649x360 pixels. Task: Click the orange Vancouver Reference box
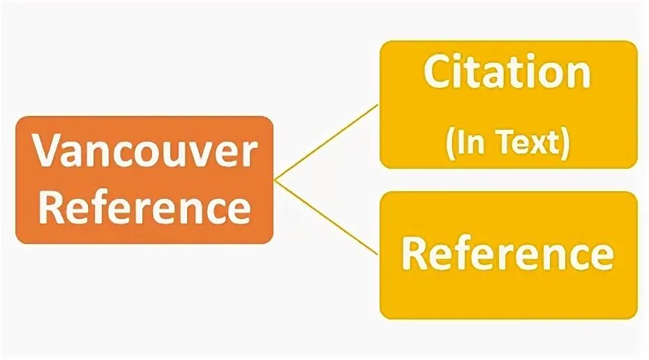(x=144, y=180)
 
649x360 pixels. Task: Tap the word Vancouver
(x=145, y=152)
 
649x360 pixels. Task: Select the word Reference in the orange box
(x=144, y=207)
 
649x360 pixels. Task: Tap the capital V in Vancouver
(x=48, y=153)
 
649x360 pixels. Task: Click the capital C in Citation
(x=438, y=73)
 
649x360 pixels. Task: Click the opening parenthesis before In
(x=451, y=142)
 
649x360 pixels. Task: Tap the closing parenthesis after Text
(x=564, y=142)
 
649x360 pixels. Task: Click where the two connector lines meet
(x=275, y=180)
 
